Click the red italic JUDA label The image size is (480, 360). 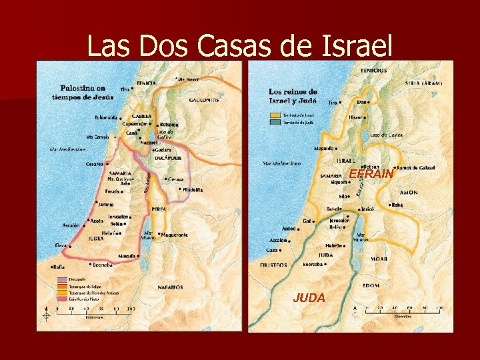[309, 298]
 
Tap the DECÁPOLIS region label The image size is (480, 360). [169, 158]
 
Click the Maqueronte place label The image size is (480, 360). [173, 235]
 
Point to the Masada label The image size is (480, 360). [127, 256]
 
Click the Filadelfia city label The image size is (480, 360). [193, 189]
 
